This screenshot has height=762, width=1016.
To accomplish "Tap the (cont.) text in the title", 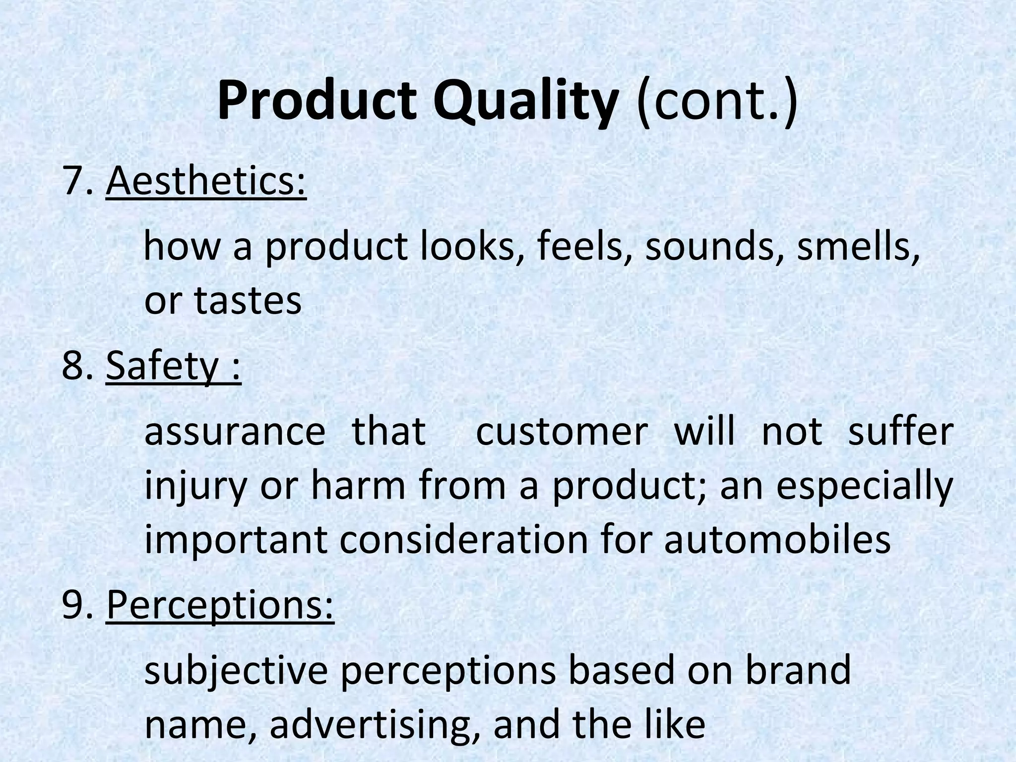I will pos(717,103).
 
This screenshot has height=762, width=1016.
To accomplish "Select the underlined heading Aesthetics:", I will pos(206,182).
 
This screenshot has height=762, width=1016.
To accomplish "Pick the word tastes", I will pos(248,300).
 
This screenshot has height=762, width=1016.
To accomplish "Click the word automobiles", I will pos(777,539).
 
